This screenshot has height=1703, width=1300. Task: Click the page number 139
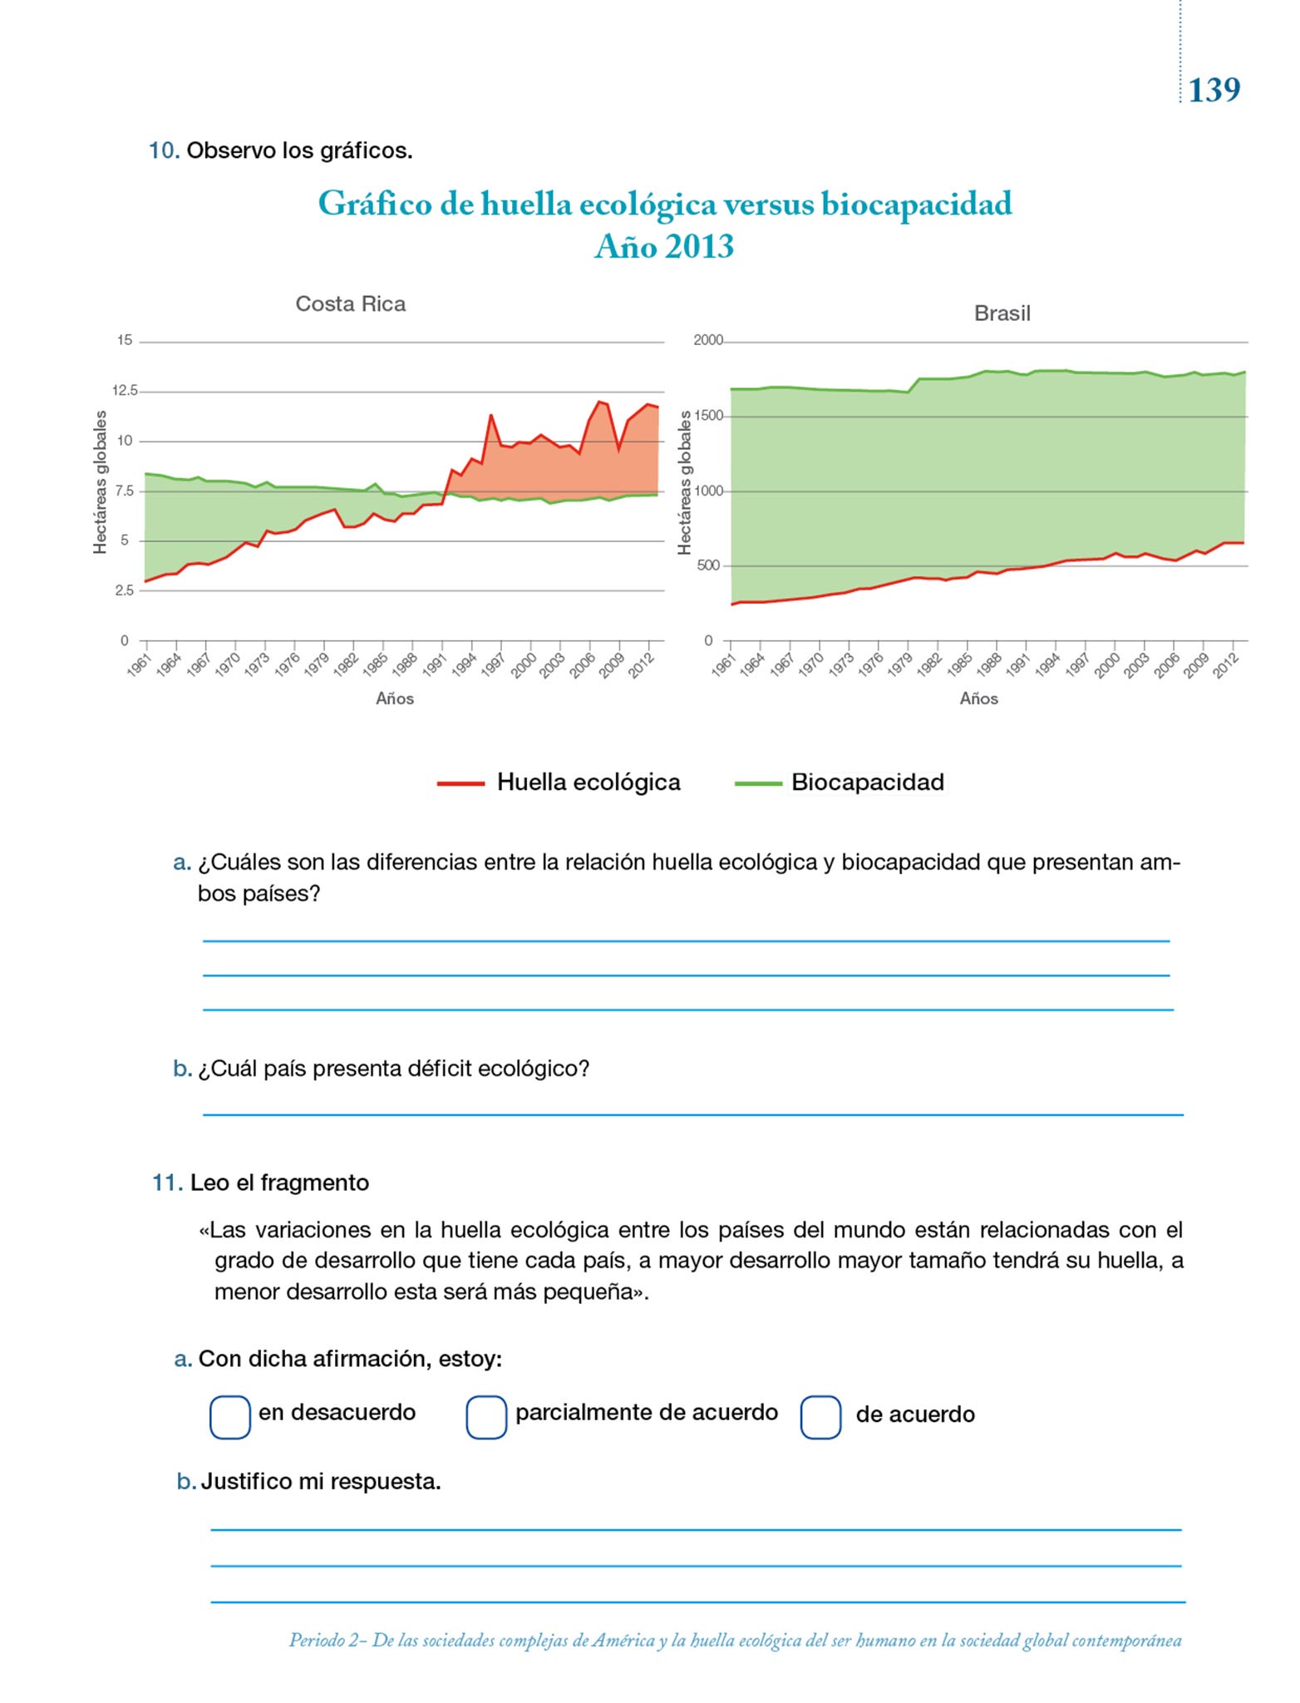[x=1214, y=90]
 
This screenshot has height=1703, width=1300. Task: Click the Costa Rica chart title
[x=351, y=304]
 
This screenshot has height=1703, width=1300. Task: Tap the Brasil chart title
[x=1002, y=313]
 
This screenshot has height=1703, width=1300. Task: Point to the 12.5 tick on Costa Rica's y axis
[x=126, y=391]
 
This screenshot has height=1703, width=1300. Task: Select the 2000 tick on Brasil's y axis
[x=708, y=340]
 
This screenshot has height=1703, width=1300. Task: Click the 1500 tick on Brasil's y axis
[x=708, y=416]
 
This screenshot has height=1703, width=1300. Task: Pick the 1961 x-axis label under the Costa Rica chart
[x=139, y=664]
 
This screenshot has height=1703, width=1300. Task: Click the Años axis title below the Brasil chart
[x=978, y=698]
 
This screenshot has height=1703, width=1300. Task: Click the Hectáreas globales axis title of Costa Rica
[x=101, y=482]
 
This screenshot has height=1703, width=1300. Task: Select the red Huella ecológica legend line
[x=460, y=783]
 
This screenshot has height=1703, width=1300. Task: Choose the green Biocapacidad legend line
[x=758, y=783]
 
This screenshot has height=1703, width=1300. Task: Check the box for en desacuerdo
[x=230, y=1417]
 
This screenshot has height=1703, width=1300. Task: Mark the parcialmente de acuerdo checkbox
[x=486, y=1417]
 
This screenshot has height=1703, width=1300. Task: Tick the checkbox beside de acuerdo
[x=820, y=1417]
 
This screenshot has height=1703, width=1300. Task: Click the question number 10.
[x=164, y=151]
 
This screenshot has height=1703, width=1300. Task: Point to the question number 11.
[x=167, y=1182]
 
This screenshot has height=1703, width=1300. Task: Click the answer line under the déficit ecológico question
[x=692, y=1113]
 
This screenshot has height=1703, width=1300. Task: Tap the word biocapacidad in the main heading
[x=917, y=204]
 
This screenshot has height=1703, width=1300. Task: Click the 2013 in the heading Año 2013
[x=699, y=247]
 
